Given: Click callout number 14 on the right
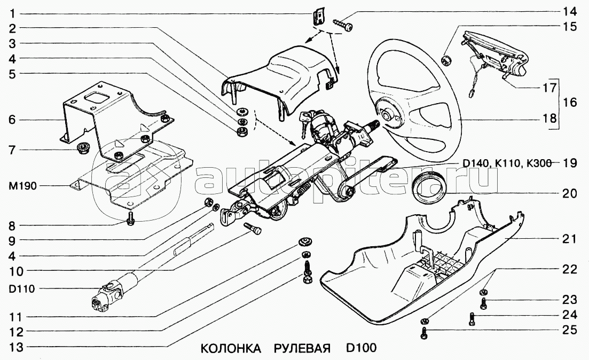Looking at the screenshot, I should [x=569, y=11].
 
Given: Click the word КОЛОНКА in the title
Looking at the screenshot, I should [x=231, y=348].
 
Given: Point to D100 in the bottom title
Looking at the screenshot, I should [x=360, y=348].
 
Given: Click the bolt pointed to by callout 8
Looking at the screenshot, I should [x=131, y=219].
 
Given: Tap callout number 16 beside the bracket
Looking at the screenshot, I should [x=569, y=102].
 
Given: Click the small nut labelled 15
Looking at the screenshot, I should [x=447, y=58].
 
